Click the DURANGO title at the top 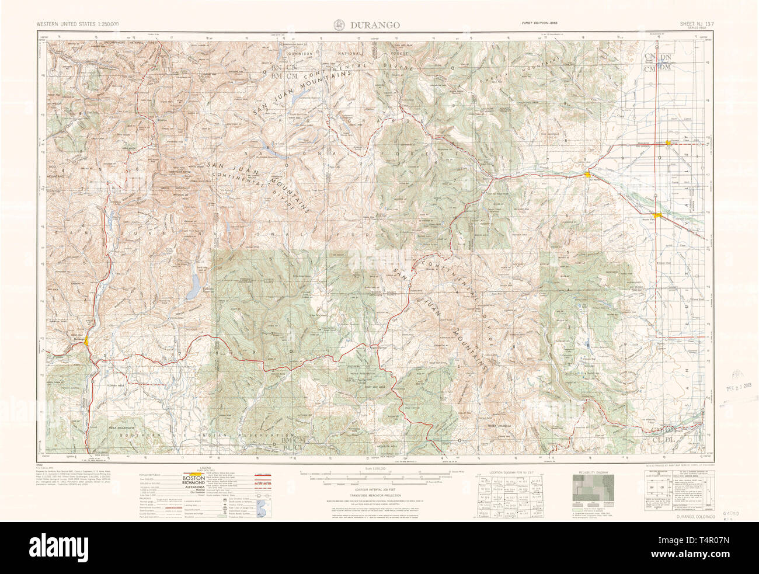click(x=375, y=25)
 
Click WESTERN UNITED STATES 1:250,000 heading click(x=78, y=24)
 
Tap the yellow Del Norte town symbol click(x=589, y=174)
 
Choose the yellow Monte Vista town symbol click(x=658, y=215)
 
